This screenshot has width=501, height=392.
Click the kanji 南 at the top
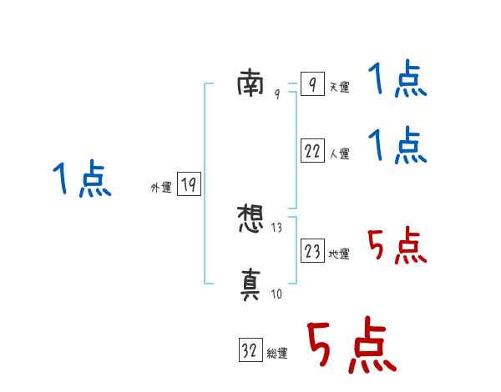[x=250, y=83]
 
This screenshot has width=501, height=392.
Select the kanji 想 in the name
[x=250, y=221]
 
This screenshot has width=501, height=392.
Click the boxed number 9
[x=311, y=84]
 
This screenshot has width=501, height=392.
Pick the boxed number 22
[x=311, y=150]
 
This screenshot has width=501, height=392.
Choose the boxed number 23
[x=311, y=250]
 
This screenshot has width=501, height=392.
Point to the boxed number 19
[x=189, y=184]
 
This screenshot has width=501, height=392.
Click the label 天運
[x=339, y=88]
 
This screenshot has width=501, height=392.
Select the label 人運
[x=339, y=153]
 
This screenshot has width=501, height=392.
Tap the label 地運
[x=339, y=254]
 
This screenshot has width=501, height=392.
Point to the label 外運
[x=160, y=188]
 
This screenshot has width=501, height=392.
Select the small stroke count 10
[x=277, y=294]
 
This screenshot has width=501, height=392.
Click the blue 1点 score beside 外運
[x=83, y=179]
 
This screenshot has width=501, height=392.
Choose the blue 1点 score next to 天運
[x=397, y=80]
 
